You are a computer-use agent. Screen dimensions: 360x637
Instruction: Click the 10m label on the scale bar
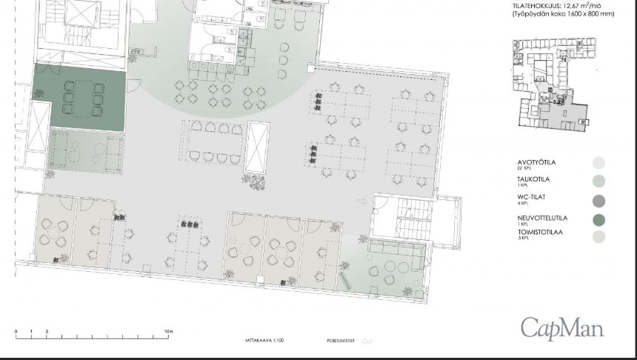[x=168, y=331]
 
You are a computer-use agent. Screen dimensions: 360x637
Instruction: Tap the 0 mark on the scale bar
[x=16, y=331]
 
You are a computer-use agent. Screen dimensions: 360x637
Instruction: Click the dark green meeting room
[x=79, y=96]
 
